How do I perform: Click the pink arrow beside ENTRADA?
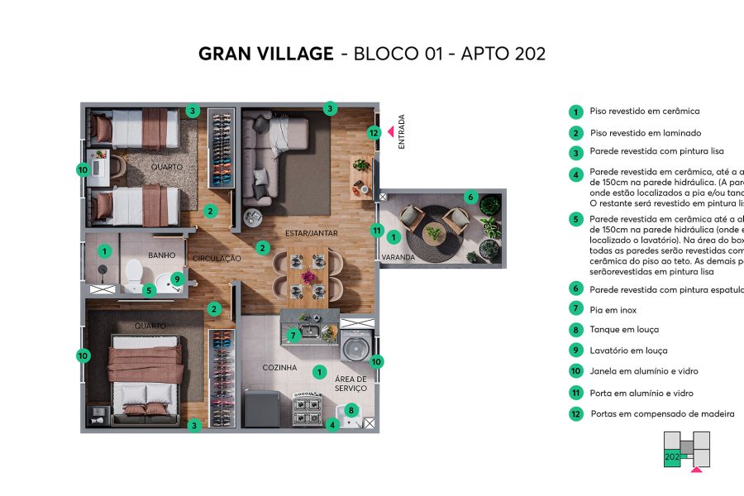pyautogui.click(x=391, y=130)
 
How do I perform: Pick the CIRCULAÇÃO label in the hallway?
pyautogui.click(x=217, y=259)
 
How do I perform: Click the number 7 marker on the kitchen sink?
pyautogui.click(x=293, y=336)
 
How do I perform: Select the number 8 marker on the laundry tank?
pyautogui.click(x=351, y=408)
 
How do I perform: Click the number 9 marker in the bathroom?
pyautogui.click(x=177, y=279)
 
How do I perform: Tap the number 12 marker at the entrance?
pyautogui.click(x=374, y=132)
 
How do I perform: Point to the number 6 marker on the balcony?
pyautogui.click(x=470, y=198)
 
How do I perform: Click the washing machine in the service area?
pyautogui.click(x=355, y=346)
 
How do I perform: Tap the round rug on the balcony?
pyautogui.click(x=434, y=234)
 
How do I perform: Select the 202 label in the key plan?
pyautogui.click(x=671, y=456)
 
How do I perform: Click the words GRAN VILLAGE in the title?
pyautogui.click(x=265, y=55)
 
